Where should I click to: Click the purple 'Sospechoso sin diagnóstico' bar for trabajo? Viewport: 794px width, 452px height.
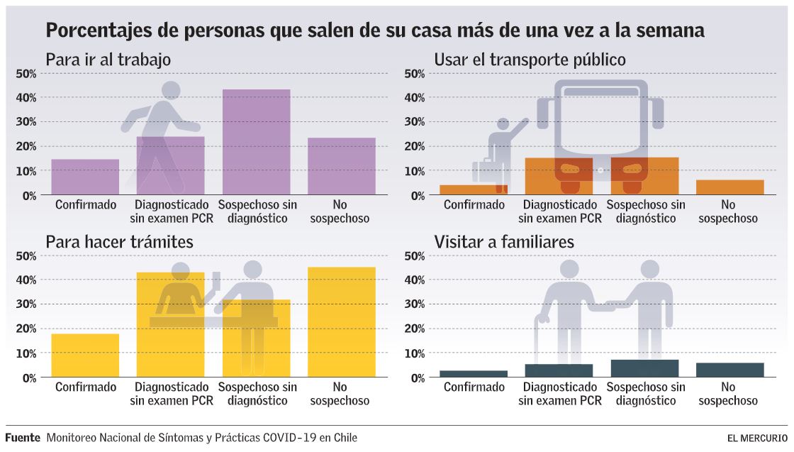coord(256,142)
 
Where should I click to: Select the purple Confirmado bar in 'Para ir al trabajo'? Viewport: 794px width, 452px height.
coord(85,177)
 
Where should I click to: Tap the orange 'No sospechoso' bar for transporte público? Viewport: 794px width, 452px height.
coord(729,187)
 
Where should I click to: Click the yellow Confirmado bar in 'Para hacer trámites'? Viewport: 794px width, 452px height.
coord(85,355)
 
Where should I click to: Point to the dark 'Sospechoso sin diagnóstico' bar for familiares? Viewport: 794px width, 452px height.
coord(644,368)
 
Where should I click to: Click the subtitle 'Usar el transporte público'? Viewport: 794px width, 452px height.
coord(530,60)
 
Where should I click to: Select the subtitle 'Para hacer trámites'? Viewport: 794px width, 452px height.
coord(119,242)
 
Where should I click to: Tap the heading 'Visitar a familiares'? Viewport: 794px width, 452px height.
coord(504,242)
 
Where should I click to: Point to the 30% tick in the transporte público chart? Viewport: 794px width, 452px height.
coord(414,122)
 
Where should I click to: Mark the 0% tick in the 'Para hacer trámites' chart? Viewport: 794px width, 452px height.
coord(28,377)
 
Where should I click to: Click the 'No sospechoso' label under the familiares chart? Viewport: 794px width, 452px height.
coord(729,394)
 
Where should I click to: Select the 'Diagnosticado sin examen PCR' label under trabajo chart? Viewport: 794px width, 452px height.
coord(171,211)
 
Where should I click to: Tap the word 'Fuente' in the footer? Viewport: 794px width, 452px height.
coord(23,438)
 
